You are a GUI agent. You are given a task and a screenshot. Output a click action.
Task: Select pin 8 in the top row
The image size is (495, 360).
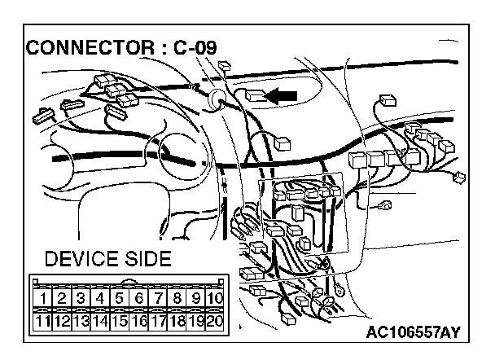pyautogui.click(x=176, y=298)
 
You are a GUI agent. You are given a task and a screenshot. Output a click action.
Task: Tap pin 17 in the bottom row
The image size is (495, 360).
pyautogui.click(x=157, y=319)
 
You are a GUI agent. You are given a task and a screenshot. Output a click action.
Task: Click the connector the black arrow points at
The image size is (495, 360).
pyautogui.click(x=254, y=96)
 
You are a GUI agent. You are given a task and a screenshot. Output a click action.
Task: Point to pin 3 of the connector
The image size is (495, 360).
pyautogui.click(x=80, y=298)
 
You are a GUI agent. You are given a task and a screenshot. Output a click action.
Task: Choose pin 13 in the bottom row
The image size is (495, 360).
pyautogui.click(x=80, y=319)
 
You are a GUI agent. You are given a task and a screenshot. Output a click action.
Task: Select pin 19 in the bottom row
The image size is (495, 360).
pyautogui.click(x=195, y=319)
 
